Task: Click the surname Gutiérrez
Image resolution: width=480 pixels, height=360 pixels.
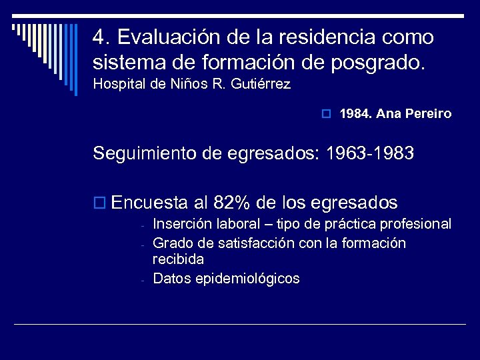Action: [261, 85]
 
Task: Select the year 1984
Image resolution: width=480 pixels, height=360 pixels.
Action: [354, 114]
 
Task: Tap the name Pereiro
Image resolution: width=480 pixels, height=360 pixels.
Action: [429, 114]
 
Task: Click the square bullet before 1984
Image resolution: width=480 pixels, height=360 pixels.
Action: [326, 114]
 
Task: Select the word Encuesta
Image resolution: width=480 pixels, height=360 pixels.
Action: [150, 202]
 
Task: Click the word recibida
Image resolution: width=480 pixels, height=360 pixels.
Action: [178, 259]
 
